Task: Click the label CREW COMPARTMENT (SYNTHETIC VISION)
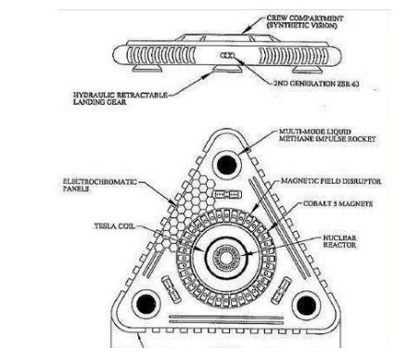305,22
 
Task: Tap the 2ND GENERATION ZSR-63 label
316,84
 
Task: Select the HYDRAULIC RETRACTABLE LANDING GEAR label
121,98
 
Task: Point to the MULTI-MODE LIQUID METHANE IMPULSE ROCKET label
327,135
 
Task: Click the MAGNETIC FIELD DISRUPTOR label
331,181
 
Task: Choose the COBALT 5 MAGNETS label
337,203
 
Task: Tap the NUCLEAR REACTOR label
339,241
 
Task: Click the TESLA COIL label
115,226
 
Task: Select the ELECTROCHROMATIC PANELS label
100,185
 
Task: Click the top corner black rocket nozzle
226,165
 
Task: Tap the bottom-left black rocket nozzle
146,304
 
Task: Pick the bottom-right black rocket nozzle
306,305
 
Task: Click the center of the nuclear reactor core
226,259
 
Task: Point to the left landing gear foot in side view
147,69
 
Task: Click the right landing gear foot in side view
308,70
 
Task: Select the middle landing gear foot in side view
228,69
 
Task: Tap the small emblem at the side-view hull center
227,56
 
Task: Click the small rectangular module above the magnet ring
228,195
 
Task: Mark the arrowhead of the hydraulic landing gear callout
210,73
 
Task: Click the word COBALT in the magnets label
317,203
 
